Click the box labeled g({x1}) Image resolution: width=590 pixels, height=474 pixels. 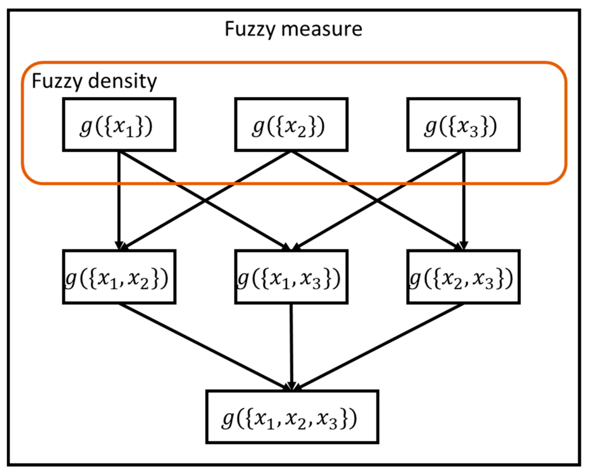tap(119, 125)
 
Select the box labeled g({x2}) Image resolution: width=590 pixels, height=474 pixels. tap(291, 125)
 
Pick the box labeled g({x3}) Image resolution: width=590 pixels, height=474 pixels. tap(463, 125)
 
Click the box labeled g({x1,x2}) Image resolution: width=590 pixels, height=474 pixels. tap(119, 277)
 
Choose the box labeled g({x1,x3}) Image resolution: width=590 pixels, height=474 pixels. tap(291, 277)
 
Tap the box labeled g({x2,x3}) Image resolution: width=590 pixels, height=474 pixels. tap(463, 277)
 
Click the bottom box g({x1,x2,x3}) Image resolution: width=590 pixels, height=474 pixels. tap(292, 417)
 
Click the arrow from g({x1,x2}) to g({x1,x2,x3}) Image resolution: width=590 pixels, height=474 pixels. tap(204, 346)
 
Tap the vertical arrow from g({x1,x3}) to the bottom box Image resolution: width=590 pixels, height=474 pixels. tap(291, 346)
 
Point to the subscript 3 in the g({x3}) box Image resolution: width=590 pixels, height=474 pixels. tap(474, 132)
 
